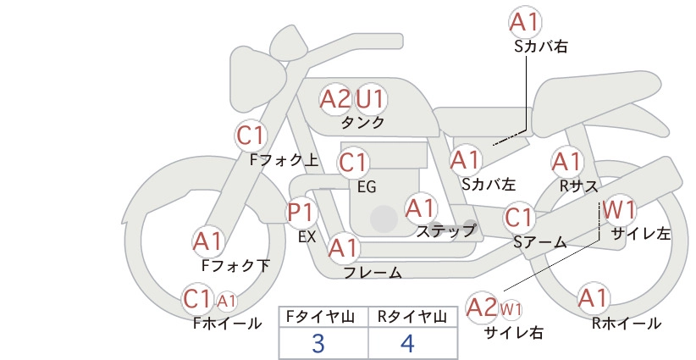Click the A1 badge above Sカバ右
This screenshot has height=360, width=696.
point(525,22)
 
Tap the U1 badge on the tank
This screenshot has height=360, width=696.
point(370,99)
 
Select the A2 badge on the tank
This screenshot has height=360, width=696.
point(335,99)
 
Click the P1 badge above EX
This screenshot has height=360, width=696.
point(301,213)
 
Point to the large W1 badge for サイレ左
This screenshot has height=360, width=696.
point(619,209)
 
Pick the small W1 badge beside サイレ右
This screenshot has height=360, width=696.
point(511,309)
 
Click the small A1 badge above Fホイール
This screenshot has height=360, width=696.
point(226,302)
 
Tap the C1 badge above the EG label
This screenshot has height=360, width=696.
point(353,163)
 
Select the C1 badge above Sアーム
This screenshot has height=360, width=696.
point(518,218)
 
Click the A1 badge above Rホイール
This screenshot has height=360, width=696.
point(593,298)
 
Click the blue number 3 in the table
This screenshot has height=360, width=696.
point(318,343)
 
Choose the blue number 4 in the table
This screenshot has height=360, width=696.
point(407,343)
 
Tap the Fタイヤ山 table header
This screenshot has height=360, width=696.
point(320,317)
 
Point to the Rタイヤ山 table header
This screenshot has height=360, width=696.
point(412,317)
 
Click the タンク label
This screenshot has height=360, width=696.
point(362,123)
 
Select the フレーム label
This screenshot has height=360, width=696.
point(373,272)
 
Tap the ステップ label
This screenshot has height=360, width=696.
point(446,231)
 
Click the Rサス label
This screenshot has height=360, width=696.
point(578,186)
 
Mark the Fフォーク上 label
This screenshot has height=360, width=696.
point(284,160)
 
